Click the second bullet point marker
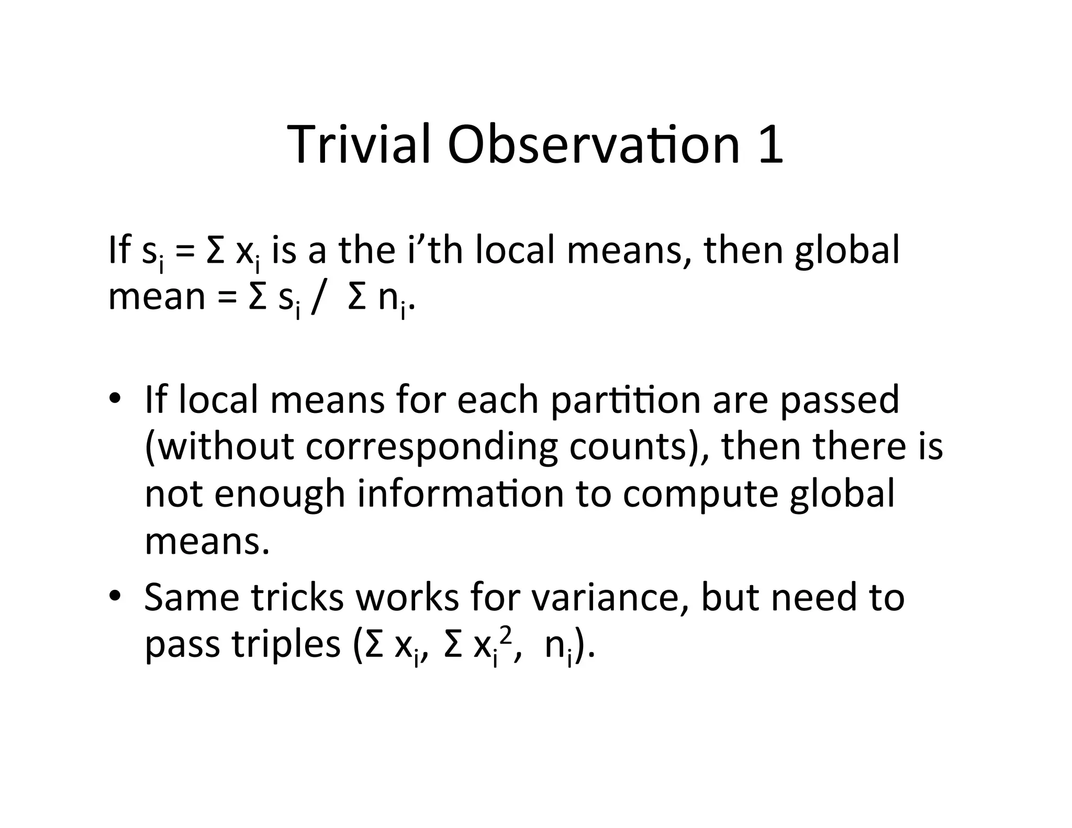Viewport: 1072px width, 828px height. [116, 597]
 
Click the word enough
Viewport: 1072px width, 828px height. [280, 495]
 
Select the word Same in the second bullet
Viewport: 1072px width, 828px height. [191, 598]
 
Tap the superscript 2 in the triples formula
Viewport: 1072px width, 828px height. [505, 634]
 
